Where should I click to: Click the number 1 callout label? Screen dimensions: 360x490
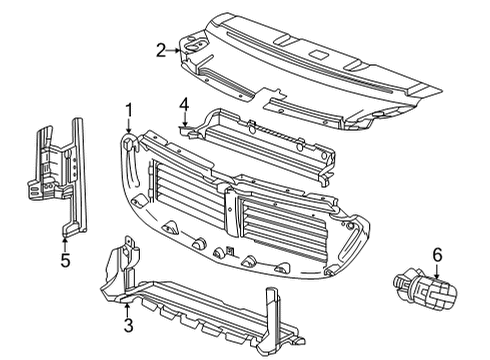pos(129,109)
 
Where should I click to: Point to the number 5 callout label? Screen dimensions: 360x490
pos(64,262)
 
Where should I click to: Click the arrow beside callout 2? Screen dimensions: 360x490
pos(175,48)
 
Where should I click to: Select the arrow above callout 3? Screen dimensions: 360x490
pos(127,306)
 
